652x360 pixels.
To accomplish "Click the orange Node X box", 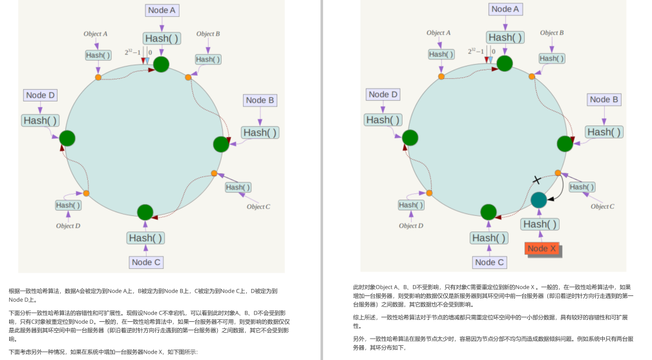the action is point(542,249).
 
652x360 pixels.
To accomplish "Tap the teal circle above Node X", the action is point(539,200).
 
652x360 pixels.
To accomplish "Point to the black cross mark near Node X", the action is point(536,180).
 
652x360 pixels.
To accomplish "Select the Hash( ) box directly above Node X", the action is point(540,224).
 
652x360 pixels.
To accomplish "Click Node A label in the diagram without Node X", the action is point(162,10).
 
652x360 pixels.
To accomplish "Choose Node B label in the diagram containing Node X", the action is point(604,100).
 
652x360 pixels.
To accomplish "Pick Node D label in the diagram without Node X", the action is point(41,95).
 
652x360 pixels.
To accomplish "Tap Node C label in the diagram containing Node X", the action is point(489,262).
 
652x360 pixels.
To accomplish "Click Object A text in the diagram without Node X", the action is point(96,34).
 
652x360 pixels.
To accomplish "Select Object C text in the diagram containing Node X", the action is point(602,206).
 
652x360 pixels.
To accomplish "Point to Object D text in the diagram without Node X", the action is point(68,226).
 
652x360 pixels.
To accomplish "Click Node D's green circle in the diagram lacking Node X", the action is point(67,138).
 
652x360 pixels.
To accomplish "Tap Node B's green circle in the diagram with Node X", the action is point(565,143).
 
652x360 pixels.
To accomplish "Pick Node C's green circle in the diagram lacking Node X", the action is point(145,212).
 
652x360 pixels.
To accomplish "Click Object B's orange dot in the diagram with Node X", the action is point(531,76).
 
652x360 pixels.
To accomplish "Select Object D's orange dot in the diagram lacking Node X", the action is point(86,193).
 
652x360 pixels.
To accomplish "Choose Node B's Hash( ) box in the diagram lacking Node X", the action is point(260,132).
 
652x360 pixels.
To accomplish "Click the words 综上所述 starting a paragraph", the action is point(362,317).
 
